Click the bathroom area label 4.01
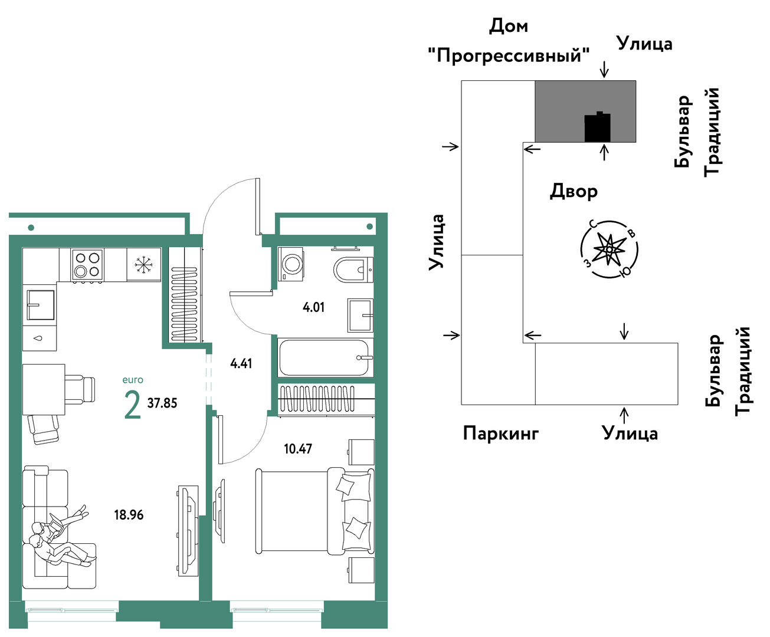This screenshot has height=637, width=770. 313,307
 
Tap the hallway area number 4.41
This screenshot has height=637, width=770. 241,363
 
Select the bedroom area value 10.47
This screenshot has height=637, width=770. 298,449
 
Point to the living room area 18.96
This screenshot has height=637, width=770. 129,514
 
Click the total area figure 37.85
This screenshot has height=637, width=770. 162,403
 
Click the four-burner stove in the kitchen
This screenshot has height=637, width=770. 87,265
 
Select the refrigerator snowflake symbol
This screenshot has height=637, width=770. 143,265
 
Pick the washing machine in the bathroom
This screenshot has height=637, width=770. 290,264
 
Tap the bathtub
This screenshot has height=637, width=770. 325,357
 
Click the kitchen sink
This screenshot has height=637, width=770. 41,305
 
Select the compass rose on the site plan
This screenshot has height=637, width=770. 610,249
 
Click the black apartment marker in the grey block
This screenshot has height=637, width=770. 597,127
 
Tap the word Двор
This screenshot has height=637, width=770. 574,192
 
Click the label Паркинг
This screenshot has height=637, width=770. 501,434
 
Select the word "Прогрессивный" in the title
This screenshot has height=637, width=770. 509,55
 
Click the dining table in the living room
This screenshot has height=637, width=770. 44,390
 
